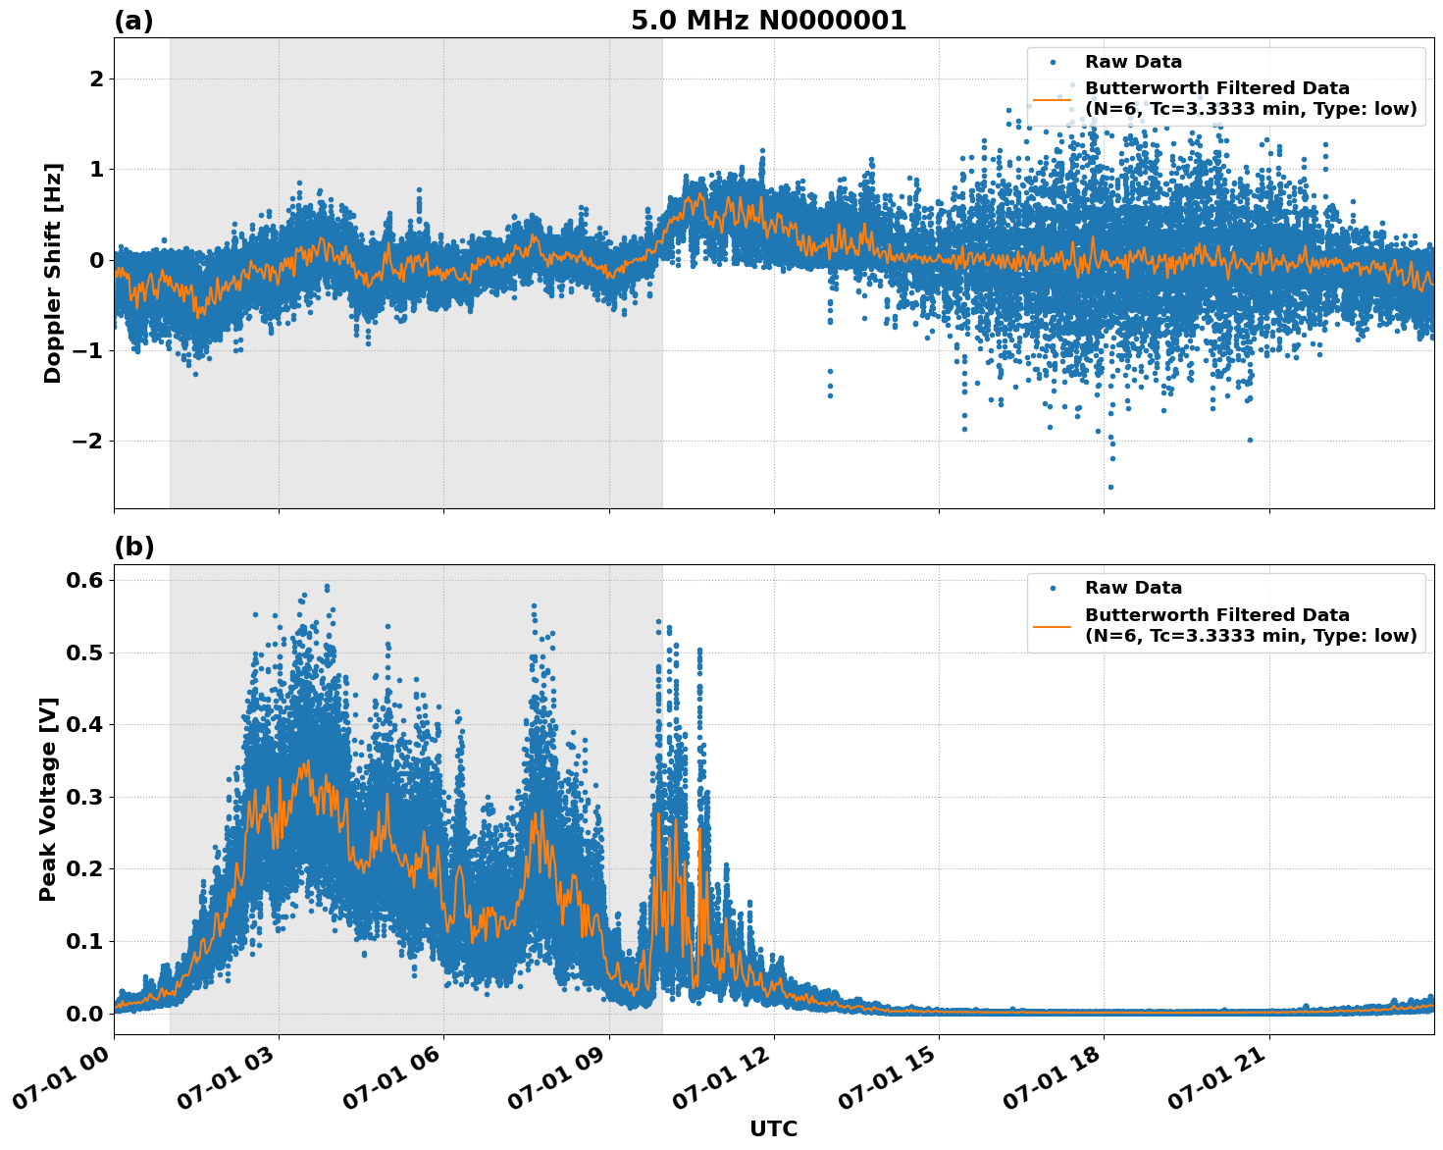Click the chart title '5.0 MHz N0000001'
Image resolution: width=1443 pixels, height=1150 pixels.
point(768,21)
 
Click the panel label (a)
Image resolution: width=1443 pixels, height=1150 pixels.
point(133,21)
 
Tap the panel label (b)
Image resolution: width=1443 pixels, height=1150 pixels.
point(133,547)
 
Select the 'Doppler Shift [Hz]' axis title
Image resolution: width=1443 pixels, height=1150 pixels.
point(53,273)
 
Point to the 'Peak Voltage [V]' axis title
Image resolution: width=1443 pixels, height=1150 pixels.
point(48,799)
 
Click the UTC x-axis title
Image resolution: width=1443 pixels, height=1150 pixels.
point(773,1128)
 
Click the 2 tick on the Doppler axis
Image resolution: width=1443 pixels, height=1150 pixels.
point(96,78)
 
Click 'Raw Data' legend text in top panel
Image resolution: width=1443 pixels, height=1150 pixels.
point(1133,62)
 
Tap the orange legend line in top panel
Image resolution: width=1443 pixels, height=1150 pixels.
point(1052,99)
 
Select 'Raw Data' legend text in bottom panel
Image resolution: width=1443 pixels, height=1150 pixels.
point(1133,588)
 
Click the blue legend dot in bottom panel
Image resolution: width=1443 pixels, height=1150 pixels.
point(1053,589)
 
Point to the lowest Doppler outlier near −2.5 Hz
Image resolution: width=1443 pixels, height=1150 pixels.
point(1110,487)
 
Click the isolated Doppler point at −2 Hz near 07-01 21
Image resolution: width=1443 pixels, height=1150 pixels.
point(1250,440)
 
